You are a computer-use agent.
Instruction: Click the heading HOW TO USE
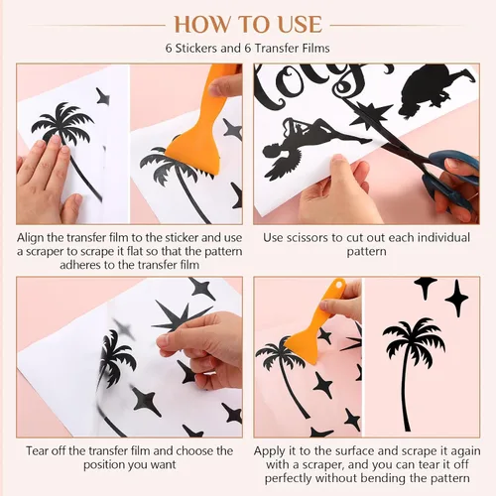tap(248, 24)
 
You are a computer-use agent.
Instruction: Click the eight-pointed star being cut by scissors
tap(370, 114)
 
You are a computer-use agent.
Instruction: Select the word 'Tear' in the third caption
tap(37, 451)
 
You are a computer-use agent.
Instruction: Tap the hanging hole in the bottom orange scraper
tap(337, 284)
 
